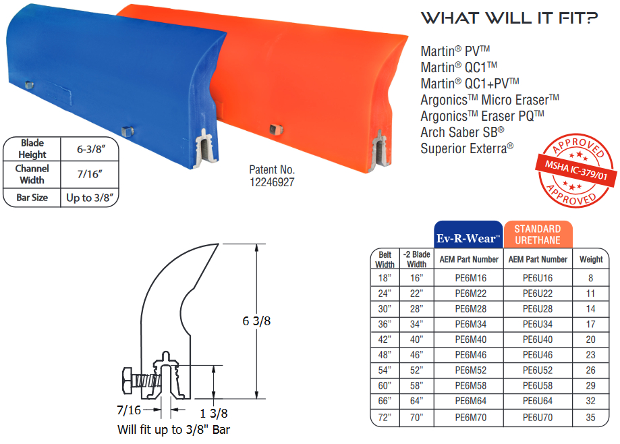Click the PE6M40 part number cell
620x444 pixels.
pos(470,339)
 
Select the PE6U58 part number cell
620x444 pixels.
pos(538,386)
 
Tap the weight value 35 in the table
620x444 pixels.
pos(591,418)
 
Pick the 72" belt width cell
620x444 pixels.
pos(385,418)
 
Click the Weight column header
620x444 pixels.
pos(591,259)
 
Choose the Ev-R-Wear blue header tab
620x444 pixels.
pos(469,234)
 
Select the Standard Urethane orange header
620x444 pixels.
pos(538,235)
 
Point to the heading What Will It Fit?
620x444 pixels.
pos(509,18)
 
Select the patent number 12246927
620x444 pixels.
pos(272,182)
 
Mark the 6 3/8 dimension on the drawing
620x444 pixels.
pos(256,322)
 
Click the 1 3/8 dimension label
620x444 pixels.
pos(215,413)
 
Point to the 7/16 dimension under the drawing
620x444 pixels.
pos(128,410)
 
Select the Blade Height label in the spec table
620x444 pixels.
pos(32,148)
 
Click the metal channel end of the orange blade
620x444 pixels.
pos(381,149)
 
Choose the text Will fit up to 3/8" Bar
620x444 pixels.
pos(178,429)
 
